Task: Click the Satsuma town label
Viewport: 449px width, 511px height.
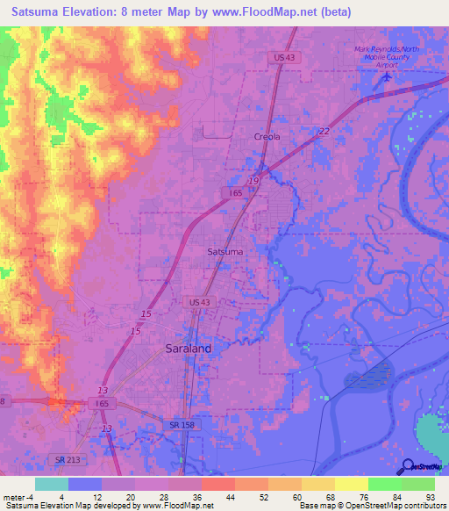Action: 225,251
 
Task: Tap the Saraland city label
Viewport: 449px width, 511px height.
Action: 189,348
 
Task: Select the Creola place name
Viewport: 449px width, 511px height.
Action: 267,137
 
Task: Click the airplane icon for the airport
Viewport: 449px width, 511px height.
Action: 388,77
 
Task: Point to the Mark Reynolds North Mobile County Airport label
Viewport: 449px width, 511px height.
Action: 388,56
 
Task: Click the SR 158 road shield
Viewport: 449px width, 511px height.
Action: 181,425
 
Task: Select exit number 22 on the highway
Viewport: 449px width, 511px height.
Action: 324,131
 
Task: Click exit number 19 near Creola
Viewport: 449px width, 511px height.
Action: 253,180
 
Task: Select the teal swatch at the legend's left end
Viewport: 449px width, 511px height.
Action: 52,484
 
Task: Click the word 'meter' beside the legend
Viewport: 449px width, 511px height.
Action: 14,498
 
